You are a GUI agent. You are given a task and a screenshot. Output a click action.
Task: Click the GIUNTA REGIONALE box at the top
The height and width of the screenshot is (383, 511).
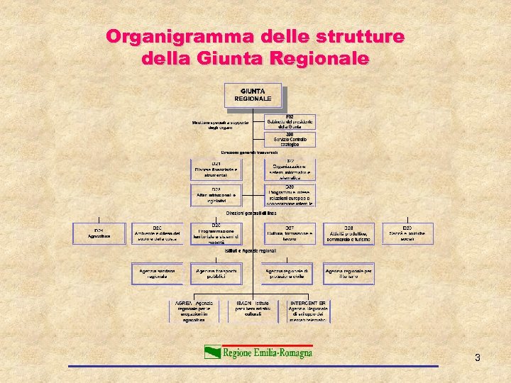(253, 96)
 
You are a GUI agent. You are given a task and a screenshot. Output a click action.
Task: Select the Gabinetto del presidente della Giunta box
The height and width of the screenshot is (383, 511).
(290, 122)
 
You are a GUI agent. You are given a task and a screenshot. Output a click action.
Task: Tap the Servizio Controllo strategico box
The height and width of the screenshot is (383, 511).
(290, 140)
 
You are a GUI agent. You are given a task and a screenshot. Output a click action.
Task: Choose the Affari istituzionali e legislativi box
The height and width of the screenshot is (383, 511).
(216, 196)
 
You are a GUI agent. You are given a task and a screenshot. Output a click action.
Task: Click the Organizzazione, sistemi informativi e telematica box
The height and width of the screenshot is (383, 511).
(290, 170)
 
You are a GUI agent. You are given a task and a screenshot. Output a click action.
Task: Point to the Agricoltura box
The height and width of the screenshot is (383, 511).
(99, 234)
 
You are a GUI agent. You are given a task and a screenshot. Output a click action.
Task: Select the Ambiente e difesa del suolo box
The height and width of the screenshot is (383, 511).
(158, 233)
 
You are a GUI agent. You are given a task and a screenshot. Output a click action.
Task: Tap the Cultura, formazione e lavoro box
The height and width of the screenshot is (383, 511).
(290, 233)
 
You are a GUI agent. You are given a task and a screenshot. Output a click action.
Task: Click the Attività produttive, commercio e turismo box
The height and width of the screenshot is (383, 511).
(349, 233)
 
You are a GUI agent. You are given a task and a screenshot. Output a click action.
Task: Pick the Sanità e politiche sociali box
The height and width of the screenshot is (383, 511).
(407, 233)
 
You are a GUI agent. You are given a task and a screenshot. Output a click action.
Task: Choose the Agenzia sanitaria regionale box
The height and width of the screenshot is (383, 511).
(158, 274)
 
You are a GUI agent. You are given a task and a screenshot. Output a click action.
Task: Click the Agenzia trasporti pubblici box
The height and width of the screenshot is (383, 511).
(216, 274)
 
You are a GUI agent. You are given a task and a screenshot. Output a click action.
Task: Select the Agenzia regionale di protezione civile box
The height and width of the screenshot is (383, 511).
(290, 274)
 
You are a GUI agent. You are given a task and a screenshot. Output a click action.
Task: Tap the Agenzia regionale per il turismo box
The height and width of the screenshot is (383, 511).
(349, 274)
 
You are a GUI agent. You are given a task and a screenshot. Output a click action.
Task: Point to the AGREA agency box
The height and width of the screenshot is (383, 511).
(194, 311)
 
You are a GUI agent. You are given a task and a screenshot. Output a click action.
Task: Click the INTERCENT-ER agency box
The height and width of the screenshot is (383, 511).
(308, 311)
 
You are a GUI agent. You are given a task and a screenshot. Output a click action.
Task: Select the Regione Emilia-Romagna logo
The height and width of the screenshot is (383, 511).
(258, 352)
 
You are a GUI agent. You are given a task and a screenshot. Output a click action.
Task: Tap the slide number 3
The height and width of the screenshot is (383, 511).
(478, 357)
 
